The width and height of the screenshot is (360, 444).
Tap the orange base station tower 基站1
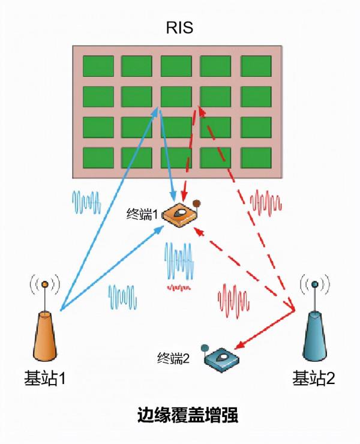click(x=46, y=339)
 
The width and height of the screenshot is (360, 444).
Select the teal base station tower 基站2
click(x=316, y=339)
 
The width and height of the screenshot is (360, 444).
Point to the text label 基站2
click(x=313, y=379)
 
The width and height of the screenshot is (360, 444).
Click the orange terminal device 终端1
click(x=182, y=216)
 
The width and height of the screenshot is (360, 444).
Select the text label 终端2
click(x=173, y=359)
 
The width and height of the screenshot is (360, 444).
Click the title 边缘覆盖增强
click(x=179, y=416)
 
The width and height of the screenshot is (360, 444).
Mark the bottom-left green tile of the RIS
click(x=97, y=157)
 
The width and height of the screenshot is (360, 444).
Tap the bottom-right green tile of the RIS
click(x=256, y=157)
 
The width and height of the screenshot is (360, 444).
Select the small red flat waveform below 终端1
click(x=179, y=288)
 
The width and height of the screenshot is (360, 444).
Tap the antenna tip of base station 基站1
click(x=46, y=284)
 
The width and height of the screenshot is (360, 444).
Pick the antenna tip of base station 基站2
click(x=316, y=284)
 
